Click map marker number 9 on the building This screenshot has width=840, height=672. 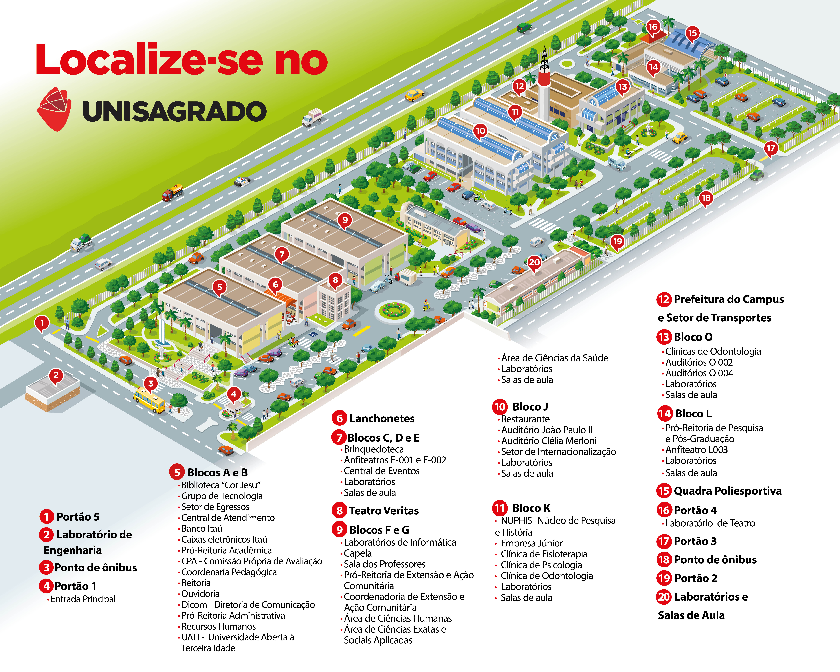click(345, 220)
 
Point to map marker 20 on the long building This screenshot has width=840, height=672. click(534, 262)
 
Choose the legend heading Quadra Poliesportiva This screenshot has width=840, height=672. click(727, 491)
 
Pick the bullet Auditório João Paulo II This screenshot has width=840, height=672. click(547, 430)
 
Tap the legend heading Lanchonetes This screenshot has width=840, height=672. click(382, 418)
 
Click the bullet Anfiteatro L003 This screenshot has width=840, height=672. click(696, 450)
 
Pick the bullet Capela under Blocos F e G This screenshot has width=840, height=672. click(358, 553)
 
